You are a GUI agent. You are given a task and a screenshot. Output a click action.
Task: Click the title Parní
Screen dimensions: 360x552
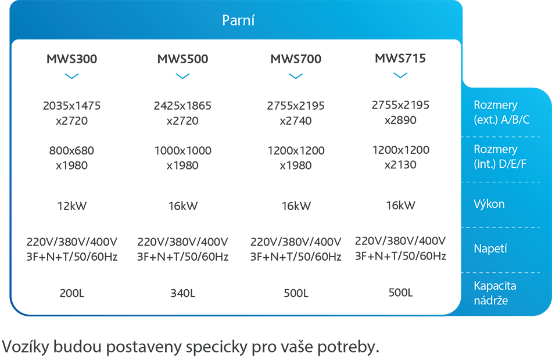click(x=239, y=20)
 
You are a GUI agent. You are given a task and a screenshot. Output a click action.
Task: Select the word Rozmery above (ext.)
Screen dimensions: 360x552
click(x=496, y=106)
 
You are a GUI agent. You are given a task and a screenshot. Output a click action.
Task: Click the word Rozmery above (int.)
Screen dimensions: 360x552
click(x=496, y=150)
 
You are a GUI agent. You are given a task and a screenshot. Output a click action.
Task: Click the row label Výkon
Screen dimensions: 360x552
click(x=489, y=204)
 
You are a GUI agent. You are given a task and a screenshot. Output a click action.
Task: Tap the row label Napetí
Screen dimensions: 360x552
click(x=491, y=249)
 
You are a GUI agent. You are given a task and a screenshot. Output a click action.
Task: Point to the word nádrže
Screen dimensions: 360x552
click(x=492, y=301)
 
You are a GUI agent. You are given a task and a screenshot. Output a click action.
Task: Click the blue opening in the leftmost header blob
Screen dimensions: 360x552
click(x=71, y=78)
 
